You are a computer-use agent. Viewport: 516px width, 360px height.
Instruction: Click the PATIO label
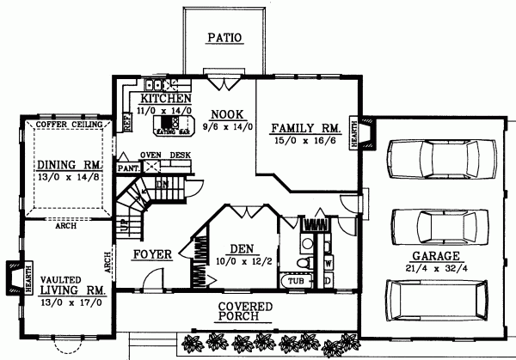click(x=224, y=37)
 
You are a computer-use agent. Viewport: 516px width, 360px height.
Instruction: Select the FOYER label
click(x=152, y=254)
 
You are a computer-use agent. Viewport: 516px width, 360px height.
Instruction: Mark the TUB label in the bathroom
click(x=295, y=281)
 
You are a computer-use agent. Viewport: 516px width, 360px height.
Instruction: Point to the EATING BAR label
click(x=168, y=133)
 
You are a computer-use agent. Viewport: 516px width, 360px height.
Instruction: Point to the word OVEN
click(x=151, y=156)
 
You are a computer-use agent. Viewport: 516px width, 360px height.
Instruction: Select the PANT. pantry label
click(x=127, y=168)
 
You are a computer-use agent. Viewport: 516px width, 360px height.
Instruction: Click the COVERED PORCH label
click(x=244, y=313)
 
